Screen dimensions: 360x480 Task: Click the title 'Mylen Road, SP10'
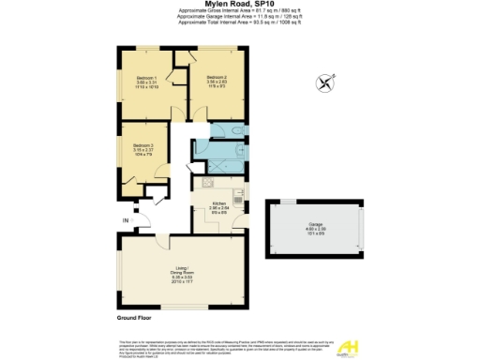click(239, 4)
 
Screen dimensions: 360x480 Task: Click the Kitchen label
click(219, 203)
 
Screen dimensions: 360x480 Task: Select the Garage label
click(315, 225)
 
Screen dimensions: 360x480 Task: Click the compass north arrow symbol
click(325, 82)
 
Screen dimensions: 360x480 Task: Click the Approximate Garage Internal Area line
click(240, 16)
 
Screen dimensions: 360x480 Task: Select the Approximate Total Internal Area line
click(240, 22)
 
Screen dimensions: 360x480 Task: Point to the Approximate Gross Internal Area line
click(240, 10)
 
